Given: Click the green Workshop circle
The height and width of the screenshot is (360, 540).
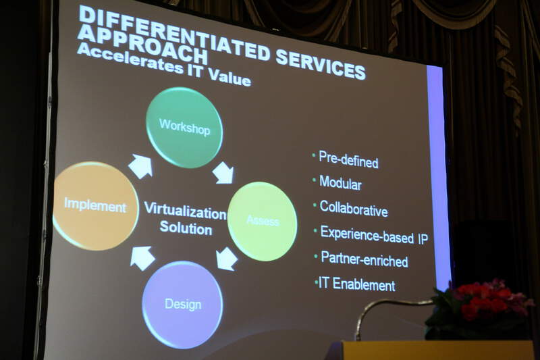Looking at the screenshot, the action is pyautogui.click(x=184, y=127).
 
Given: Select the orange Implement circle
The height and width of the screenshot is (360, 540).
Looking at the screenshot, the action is pyautogui.click(x=95, y=205).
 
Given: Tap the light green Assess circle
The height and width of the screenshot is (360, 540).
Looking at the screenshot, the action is pyautogui.click(x=263, y=221).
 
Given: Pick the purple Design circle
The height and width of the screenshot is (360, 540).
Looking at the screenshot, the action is pyautogui.click(x=182, y=305).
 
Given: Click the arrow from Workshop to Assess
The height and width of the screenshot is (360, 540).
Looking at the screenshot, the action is pyautogui.click(x=223, y=172).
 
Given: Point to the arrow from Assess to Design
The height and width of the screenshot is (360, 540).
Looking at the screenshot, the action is pyautogui.click(x=227, y=259).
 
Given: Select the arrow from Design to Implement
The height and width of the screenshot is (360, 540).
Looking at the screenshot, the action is pyautogui.click(x=142, y=258).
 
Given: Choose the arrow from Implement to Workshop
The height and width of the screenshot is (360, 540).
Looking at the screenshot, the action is pyautogui.click(x=141, y=166).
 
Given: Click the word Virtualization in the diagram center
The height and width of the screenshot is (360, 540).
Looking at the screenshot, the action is pyautogui.click(x=185, y=211).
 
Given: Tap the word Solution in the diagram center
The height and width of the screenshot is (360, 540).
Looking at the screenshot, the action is pyautogui.click(x=186, y=228).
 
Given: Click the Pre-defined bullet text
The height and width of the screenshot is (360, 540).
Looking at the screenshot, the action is pyautogui.click(x=348, y=159).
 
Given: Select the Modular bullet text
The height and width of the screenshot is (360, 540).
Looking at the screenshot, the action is pyautogui.click(x=340, y=182).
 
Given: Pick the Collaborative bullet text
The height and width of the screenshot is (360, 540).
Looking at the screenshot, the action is pyautogui.click(x=354, y=209).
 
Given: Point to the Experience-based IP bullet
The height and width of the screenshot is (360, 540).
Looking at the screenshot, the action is pyautogui.click(x=375, y=235).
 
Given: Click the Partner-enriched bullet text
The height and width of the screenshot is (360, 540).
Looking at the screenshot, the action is pyautogui.click(x=364, y=259).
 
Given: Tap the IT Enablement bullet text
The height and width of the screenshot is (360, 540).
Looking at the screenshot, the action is pyautogui.click(x=357, y=284).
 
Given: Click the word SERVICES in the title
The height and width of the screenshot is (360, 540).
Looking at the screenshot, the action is pyautogui.click(x=320, y=63).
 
